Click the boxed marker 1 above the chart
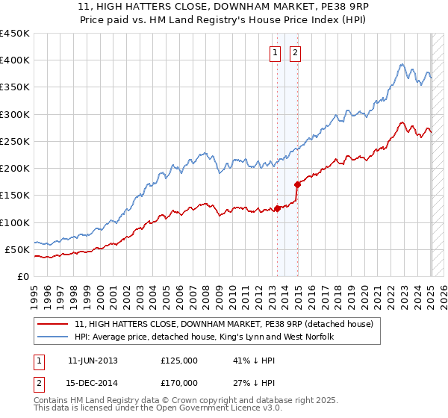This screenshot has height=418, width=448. coord(276,53)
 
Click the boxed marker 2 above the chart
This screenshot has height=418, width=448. coord(296,53)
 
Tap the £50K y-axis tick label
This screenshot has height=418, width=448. coord(17,249)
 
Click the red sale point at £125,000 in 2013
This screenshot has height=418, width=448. coord(277,208)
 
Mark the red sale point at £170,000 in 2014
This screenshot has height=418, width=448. coord(297,184)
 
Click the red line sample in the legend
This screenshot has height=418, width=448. coord(54,324)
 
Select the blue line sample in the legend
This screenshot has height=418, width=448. coord(54,337)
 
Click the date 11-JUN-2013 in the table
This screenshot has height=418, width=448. coord(93,360)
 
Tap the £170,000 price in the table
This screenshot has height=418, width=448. coord(178,382)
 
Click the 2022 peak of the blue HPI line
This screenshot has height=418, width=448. coord(402,64)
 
